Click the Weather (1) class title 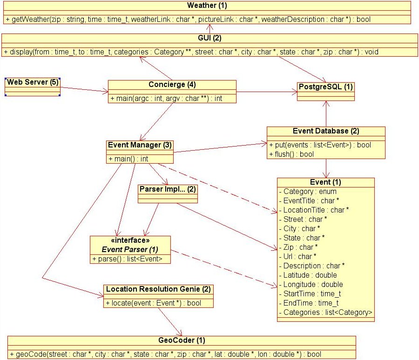click(207, 6)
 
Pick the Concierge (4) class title click(172, 85)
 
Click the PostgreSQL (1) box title click(325, 87)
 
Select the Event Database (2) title click(326, 131)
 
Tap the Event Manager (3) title click(140, 145)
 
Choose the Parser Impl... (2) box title click(168, 189)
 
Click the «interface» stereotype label click(130, 240)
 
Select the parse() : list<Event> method click(127, 259)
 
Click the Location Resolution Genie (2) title click(158, 289)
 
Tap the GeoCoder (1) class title click(182, 340)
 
